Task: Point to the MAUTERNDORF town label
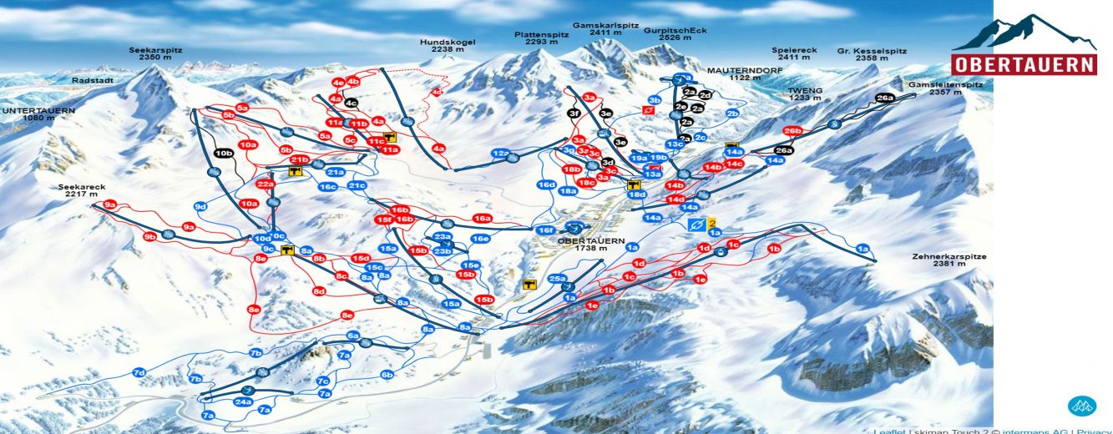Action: click(x=735, y=73)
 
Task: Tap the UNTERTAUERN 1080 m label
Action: click(x=39, y=114)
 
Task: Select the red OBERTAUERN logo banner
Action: click(x=1024, y=65)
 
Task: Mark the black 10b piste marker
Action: click(x=223, y=154)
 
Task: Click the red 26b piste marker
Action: click(x=792, y=131)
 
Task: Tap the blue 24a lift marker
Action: click(x=243, y=401)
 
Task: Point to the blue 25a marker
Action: click(x=558, y=279)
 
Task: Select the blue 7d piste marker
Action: click(x=139, y=372)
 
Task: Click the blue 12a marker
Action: click(x=500, y=154)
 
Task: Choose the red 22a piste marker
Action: click(x=266, y=184)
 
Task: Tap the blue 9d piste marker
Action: click(x=200, y=206)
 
